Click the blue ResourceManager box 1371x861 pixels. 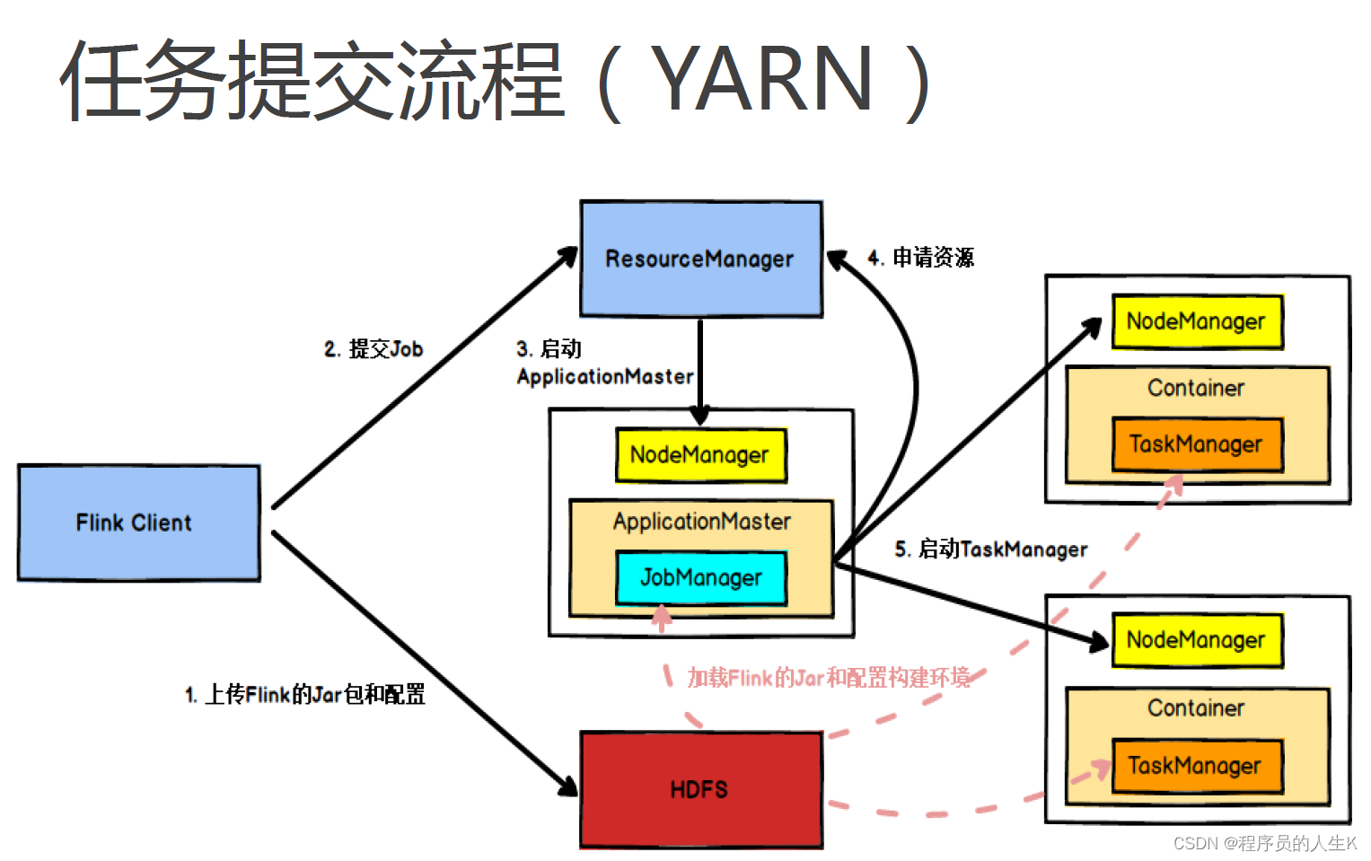700,259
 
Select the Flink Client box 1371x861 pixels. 138,523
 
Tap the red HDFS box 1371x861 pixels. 700,789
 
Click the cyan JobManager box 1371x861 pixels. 700,577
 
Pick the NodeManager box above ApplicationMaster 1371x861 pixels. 700,455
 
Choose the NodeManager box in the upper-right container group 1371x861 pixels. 1197,321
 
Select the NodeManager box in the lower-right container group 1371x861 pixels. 1197,640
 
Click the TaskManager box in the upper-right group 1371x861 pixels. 1197,444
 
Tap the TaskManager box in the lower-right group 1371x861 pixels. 1197,766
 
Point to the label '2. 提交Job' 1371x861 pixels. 374,349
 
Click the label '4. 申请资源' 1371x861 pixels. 921,258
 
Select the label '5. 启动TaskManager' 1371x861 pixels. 991,549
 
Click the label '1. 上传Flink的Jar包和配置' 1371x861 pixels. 305,694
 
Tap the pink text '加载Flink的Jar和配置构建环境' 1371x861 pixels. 829,678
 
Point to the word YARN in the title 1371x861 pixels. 761,79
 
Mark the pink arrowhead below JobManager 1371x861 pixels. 662,615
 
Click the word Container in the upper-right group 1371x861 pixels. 1197,388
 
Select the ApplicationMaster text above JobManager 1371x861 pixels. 702,522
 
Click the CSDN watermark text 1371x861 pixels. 1265,843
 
